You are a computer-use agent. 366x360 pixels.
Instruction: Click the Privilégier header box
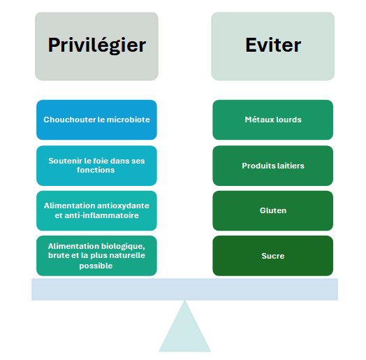click(96, 46)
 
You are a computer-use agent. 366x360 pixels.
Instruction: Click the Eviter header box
click(273, 46)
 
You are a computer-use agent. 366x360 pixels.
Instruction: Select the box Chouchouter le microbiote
click(96, 120)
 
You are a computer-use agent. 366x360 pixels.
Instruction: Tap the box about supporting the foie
click(96, 166)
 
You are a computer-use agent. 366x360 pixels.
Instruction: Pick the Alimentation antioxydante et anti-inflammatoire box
click(96, 210)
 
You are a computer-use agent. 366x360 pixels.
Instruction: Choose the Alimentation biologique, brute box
click(96, 256)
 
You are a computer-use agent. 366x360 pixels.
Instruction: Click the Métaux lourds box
click(273, 120)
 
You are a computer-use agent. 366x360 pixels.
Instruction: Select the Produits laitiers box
click(273, 166)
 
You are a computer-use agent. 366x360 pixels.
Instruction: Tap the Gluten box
click(273, 210)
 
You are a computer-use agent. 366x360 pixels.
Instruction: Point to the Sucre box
click(273, 256)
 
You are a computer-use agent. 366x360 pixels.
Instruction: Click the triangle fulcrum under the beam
click(184, 332)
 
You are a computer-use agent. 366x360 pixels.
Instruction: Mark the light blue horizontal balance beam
click(184, 289)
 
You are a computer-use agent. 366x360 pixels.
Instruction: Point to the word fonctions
click(96, 170)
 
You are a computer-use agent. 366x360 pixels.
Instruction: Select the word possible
click(96, 266)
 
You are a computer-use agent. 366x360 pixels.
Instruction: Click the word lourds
click(288, 120)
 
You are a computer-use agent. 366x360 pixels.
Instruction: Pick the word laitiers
click(291, 166)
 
